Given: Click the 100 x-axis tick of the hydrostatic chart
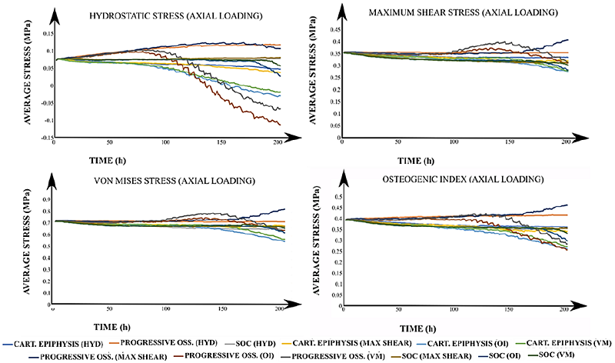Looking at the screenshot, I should coord(165,144).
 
